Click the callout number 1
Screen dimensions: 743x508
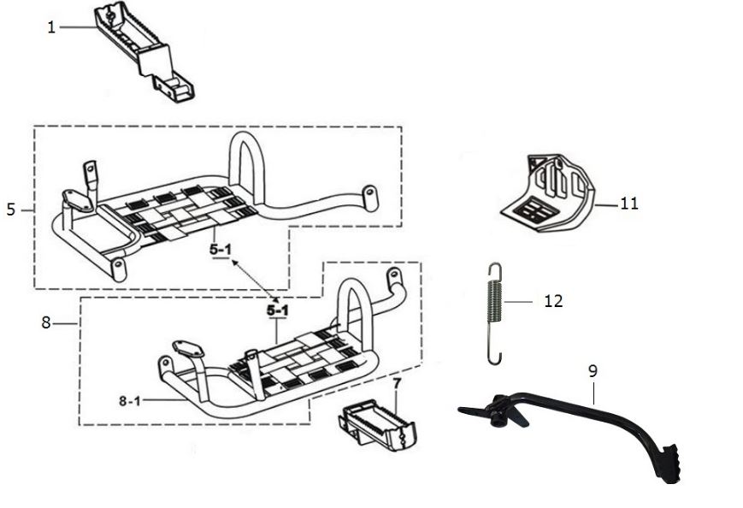click(x=51, y=27)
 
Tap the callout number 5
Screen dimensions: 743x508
click(x=11, y=210)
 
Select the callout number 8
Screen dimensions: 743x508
click(x=45, y=322)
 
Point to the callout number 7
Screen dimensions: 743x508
click(x=397, y=383)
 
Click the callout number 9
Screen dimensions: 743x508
click(x=593, y=371)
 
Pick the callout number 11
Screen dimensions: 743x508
click(x=629, y=204)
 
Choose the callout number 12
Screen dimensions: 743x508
click(x=553, y=301)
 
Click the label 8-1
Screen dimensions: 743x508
click(x=130, y=401)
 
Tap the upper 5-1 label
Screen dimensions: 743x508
click(x=221, y=249)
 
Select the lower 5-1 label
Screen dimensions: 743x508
click(x=277, y=310)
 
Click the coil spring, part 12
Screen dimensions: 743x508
click(x=494, y=313)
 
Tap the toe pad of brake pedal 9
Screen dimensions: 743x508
click(x=670, y=464)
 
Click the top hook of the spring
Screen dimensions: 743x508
click(x=495, y=272)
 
